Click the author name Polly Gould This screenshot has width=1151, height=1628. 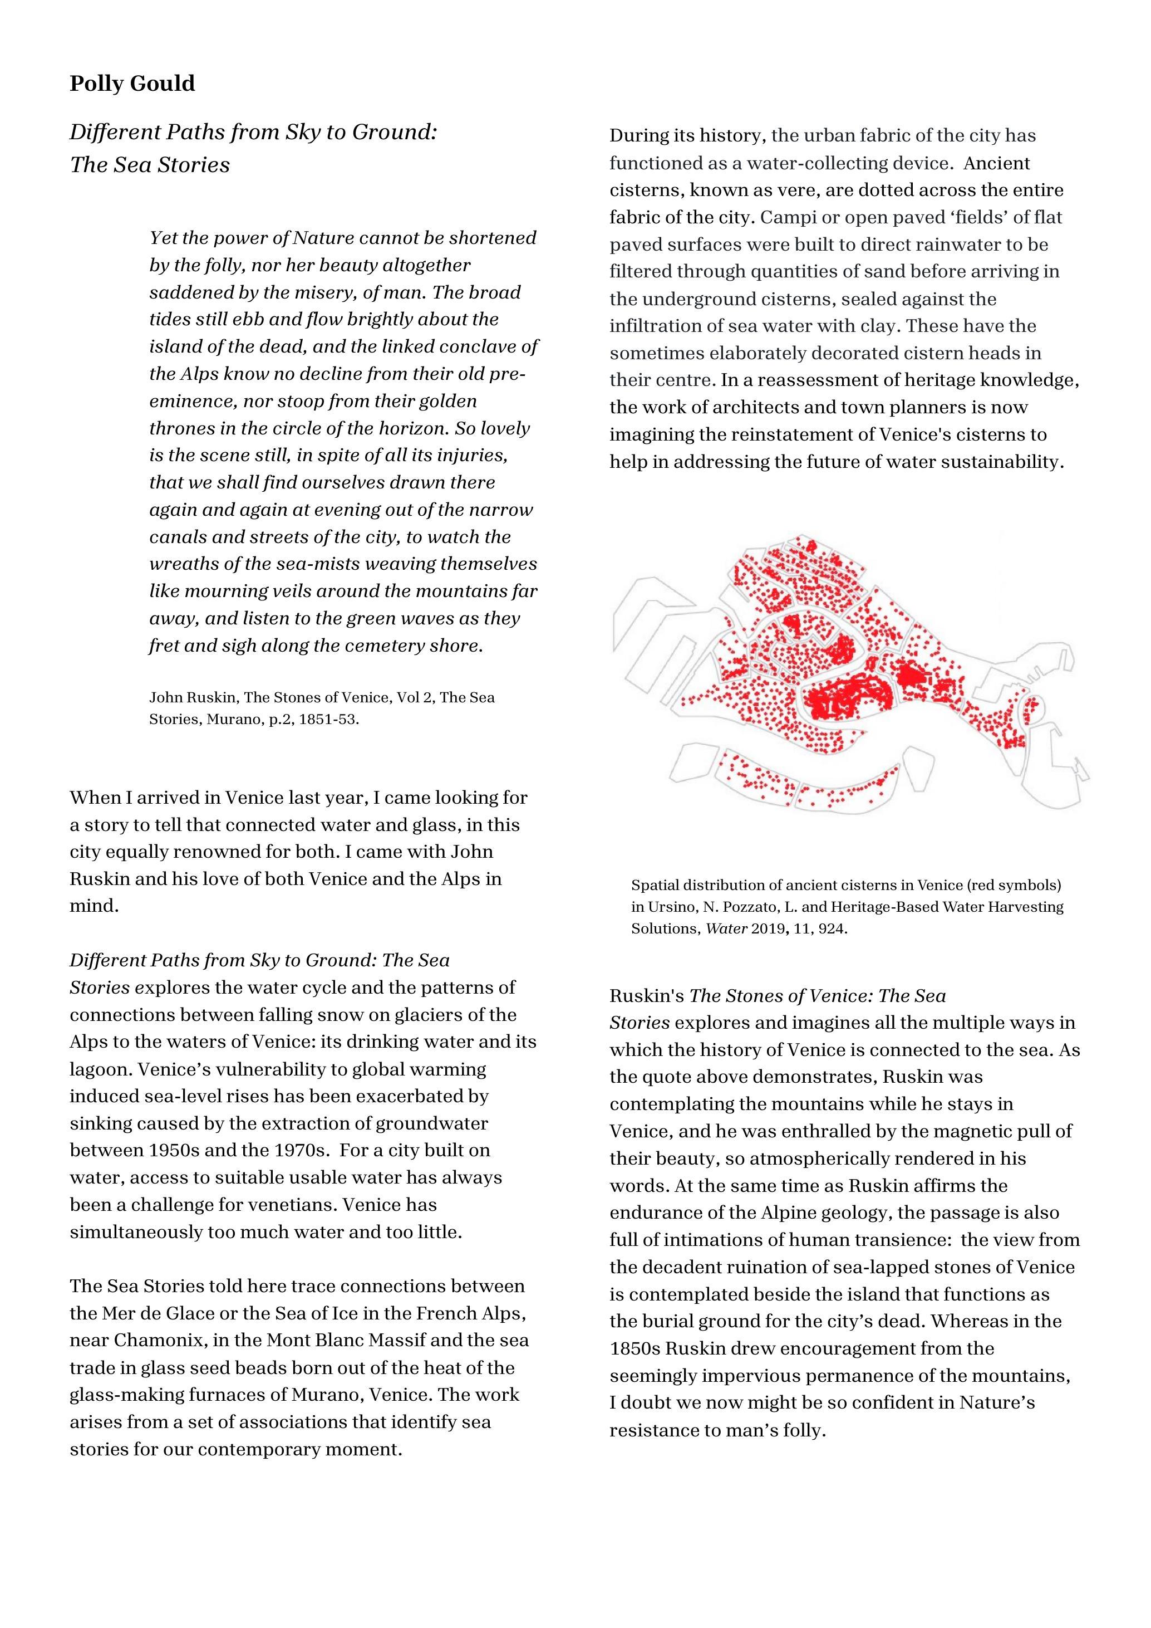click(132, 84)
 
